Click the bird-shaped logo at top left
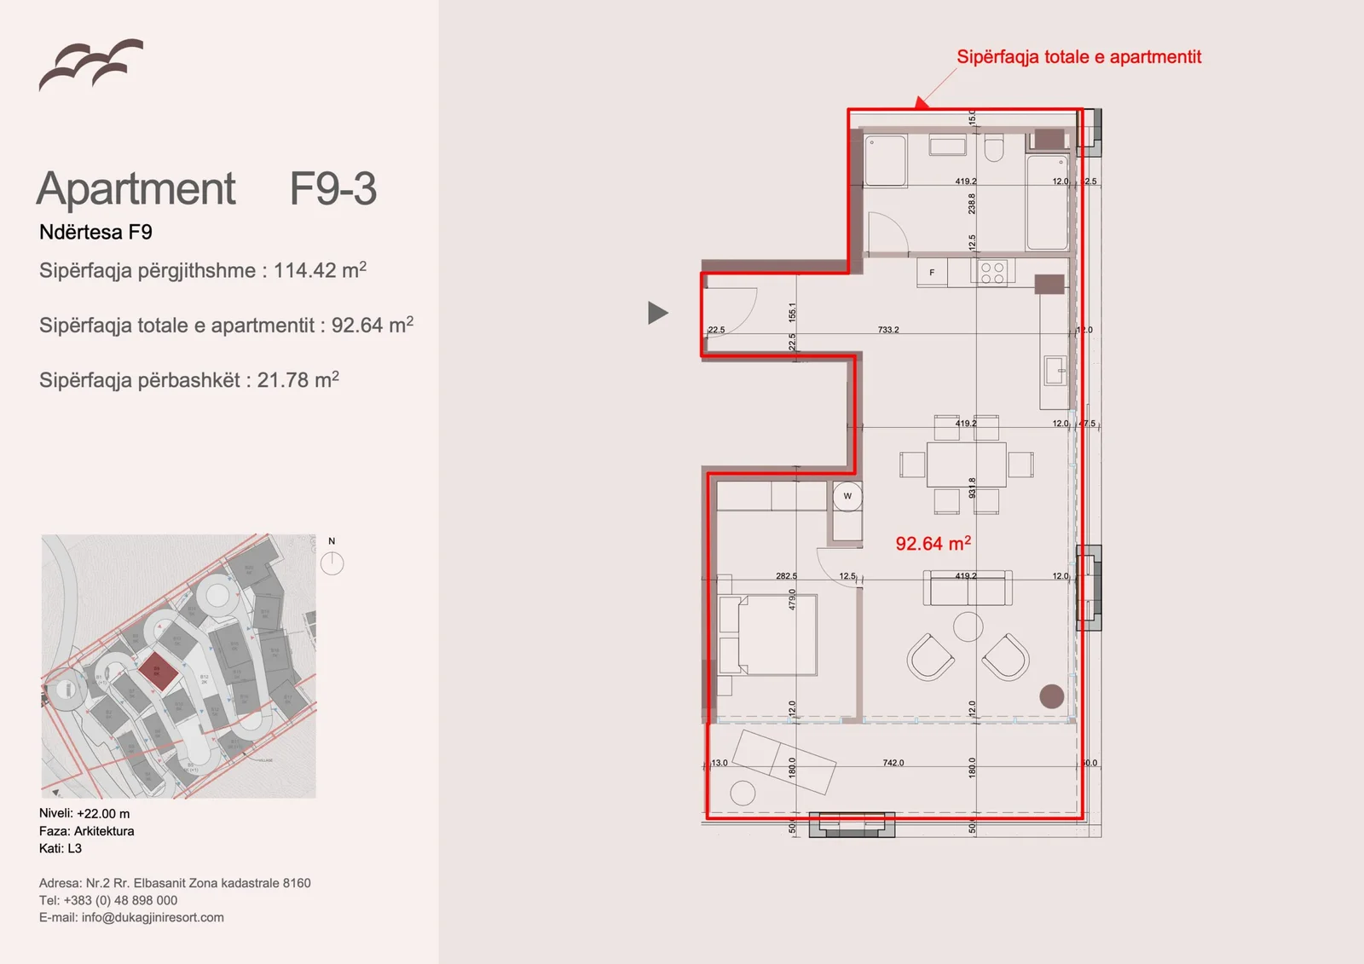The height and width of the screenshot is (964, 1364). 90,65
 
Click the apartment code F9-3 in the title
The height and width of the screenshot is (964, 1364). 332,188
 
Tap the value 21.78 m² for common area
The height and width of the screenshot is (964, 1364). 298,380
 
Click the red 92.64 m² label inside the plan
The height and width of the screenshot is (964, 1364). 933,544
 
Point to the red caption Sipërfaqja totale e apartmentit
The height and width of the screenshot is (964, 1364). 1078,57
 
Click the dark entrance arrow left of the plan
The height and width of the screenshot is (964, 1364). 656,313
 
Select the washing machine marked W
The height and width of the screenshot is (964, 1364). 847,496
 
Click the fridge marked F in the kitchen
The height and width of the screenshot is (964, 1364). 932,273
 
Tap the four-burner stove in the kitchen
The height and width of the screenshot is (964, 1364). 992,273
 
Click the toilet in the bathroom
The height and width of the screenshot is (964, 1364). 994,149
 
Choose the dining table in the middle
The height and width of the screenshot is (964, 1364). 966,465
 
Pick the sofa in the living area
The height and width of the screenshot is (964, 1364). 968,589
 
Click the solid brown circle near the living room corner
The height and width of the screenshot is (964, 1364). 1052,696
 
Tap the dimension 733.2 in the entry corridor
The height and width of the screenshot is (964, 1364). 888,330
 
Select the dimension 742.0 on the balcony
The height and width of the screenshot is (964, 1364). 893,763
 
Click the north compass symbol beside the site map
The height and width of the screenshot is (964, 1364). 332,563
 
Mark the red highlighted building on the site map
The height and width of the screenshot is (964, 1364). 158,672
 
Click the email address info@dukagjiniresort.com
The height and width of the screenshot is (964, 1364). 153,917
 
